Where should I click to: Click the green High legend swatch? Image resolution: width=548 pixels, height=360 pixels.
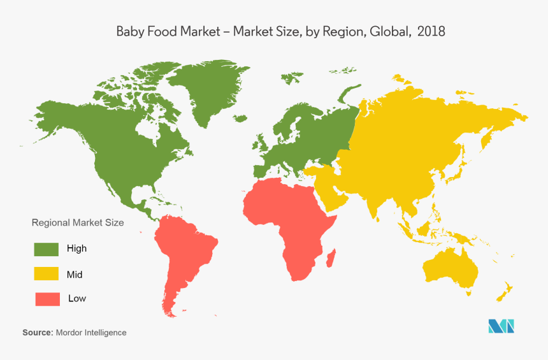coord(46,248)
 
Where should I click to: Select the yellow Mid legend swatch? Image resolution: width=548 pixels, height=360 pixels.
coord(46,274)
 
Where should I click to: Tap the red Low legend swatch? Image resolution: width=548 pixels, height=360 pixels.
coord(46,298)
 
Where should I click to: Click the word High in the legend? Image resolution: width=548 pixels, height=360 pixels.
coord(76,248)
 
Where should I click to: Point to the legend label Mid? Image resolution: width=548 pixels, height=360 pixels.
coord(75,275)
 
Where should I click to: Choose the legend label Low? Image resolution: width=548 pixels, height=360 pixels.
coord(77,298)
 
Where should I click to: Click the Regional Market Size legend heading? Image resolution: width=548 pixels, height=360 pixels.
coord(78,223)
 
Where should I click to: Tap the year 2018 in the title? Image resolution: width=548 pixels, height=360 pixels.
coord(431,31)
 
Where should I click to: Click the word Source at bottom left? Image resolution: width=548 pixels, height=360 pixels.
coord(37,333)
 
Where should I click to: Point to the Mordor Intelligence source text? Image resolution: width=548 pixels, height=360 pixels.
coord(91,333)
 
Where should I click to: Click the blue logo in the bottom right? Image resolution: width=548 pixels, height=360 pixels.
coord(501,326)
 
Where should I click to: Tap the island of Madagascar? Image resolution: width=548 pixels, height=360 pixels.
coord(331,258)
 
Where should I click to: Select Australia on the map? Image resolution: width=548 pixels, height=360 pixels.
coord(451,268)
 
